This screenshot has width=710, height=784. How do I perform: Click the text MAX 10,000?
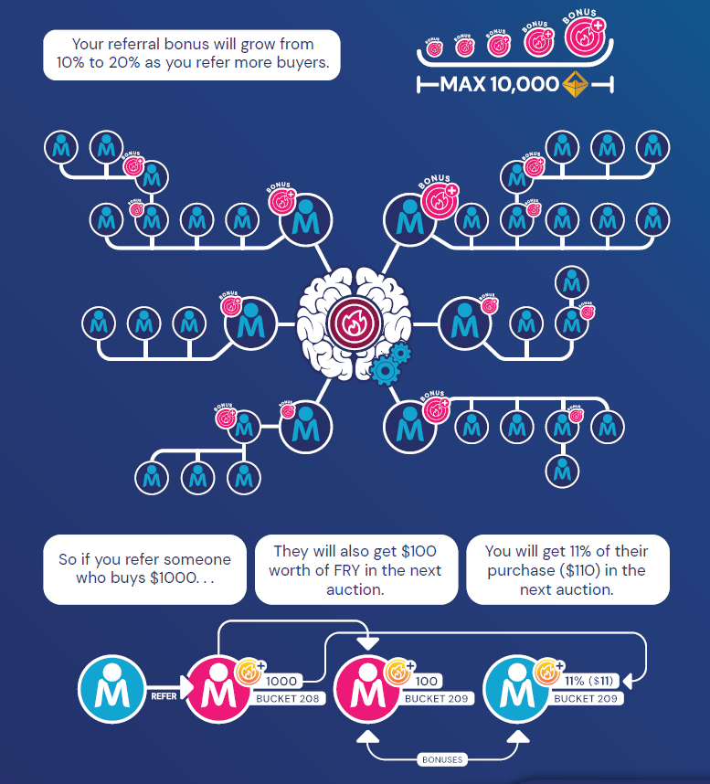pyautogui.click(x=499, y=85)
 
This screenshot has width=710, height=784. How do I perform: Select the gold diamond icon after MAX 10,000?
pyautogui.click(x=574, y=85)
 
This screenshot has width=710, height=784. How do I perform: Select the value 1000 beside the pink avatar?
pyautogui.click(x=281, y=681)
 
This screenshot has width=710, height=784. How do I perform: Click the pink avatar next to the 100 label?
pyautogui.click(x=367, y=688)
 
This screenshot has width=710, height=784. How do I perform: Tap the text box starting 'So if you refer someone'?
pyautogui.click(x=144, y=569)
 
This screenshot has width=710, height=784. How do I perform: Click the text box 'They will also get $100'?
pyautogui.click(x=355, y=569)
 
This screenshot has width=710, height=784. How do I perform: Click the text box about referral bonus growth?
pyautogui.click(x=192, y=55)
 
